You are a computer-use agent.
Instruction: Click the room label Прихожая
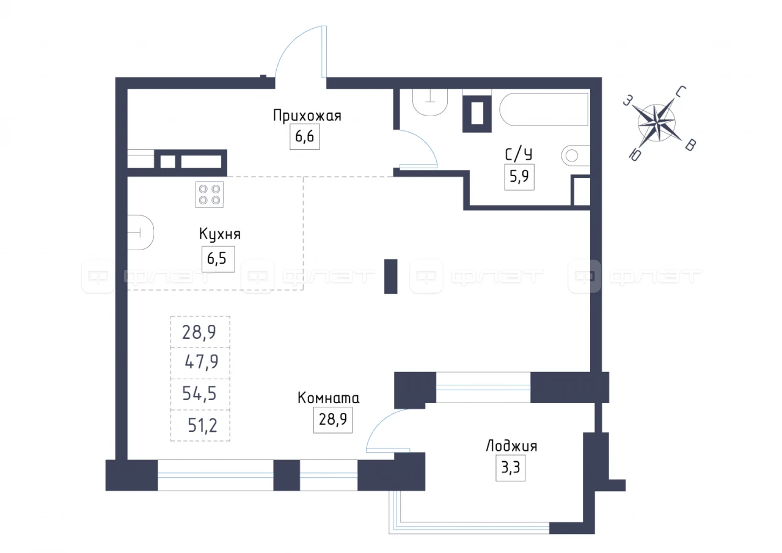point(307,116)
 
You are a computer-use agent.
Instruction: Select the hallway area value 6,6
point(304,136)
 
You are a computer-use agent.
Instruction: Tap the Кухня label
point(220,234)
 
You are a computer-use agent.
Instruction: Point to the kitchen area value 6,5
point(218,259)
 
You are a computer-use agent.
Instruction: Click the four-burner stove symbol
point(210,195)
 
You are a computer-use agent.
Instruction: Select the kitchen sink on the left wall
point(141,232)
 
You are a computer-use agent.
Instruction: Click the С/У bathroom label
point(519,154)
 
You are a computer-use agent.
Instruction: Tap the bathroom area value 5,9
point(519,177)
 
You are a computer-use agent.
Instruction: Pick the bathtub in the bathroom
point(544,109)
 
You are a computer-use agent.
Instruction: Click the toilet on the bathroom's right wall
point(576,155)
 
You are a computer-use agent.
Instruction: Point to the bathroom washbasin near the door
point(430,102)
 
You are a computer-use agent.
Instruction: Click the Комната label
point(329,398)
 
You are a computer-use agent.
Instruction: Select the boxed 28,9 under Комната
point(333,419)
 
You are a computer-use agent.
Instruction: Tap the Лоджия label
point(511,446)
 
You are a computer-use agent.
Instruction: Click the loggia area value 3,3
point(510,468)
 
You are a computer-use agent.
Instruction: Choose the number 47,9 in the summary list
point(202,362)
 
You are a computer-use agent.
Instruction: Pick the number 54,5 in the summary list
point(199,393)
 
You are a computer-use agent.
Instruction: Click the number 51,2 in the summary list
point(202,425)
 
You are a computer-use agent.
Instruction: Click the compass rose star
point(656,123)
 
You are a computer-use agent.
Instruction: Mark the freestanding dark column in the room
point(390,276)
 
